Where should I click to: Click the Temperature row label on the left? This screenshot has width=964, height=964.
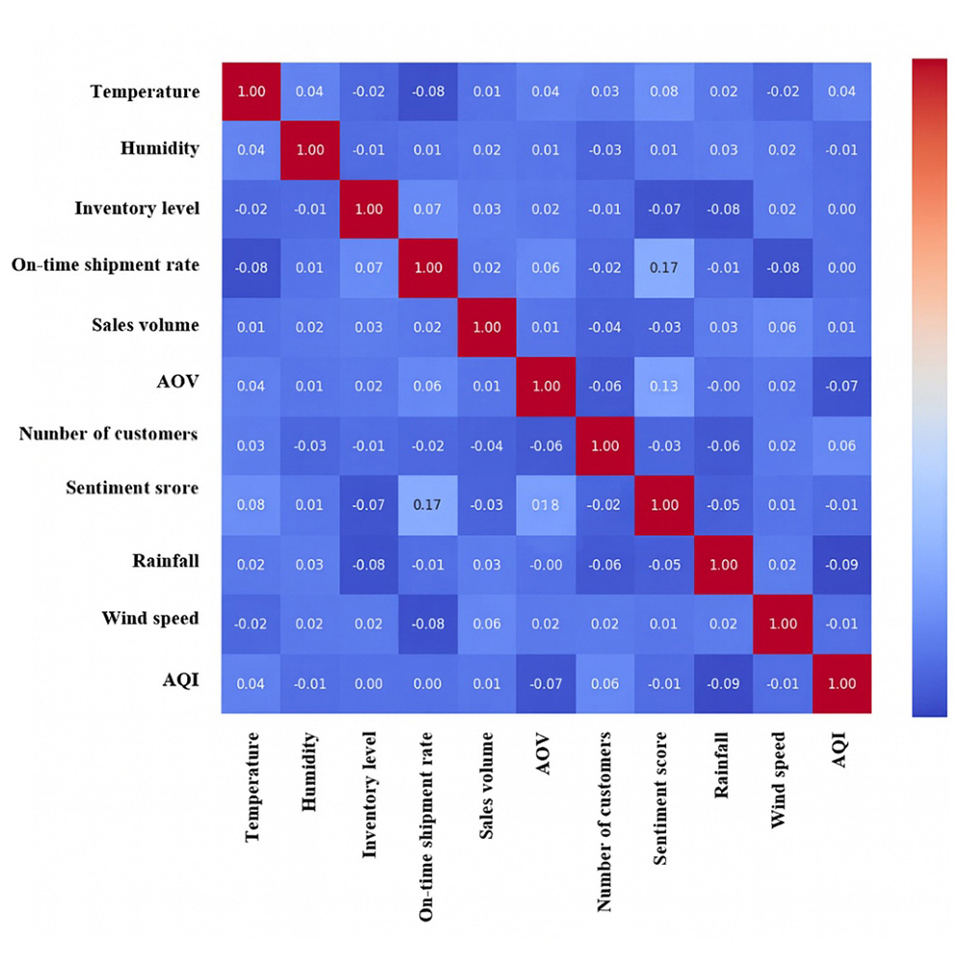(145, 92)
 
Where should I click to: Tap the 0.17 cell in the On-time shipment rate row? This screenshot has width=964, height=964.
(664, 268)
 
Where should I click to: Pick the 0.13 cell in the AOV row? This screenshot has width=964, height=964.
(664, 387)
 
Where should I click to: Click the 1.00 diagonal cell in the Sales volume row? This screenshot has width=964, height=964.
(487, 327)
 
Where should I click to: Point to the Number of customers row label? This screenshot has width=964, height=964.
(108, 434)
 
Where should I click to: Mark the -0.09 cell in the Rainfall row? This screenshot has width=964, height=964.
(842, 565)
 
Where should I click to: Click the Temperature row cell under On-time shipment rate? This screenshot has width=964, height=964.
(427, 92)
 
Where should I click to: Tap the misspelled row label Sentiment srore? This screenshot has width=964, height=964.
(132, 488)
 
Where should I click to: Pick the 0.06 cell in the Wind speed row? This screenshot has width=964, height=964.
(487, 624)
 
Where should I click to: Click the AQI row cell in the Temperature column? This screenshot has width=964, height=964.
(251, 683)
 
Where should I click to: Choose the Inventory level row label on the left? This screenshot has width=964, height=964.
(137, 208)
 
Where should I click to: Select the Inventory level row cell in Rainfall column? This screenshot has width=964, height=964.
(723, 209)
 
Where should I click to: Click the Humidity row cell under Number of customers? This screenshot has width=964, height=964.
(605, 150)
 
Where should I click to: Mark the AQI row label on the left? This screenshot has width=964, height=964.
(180, 679)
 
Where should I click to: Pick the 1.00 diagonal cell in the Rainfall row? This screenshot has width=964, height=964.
(723, 565)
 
